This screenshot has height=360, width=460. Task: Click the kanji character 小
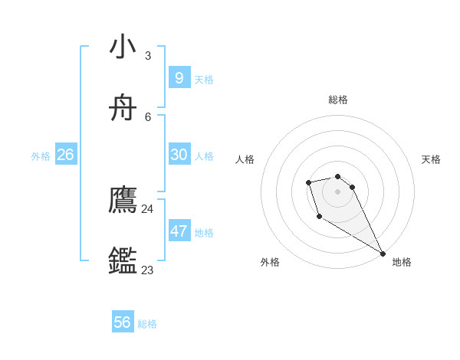(x=123, y=47)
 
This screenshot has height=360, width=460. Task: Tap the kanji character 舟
(x=123, y=108)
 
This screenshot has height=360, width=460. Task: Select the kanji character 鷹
(x=123, y=200)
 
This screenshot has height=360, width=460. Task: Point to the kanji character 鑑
(x=123, y=261)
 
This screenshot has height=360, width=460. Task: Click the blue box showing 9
(x=179, y=77)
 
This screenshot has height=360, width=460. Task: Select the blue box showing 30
(x=179, y=154)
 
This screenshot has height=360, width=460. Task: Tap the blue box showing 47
(x=179, y=231)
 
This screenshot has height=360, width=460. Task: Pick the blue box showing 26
(x=65, y=154)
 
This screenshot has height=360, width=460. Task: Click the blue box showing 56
(x=123, y=322)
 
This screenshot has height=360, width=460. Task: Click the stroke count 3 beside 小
(x=147, y=55)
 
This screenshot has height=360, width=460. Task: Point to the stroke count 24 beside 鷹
(x=147, y=208)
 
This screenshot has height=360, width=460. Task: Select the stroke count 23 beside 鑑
(x=147, y=270)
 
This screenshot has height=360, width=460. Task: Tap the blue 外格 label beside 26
(x=41, y=156)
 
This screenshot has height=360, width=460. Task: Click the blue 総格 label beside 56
(x=147, y=325)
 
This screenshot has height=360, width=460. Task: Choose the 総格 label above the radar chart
(x=338, y=100)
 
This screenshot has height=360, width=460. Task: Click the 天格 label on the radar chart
(x=431, y=159)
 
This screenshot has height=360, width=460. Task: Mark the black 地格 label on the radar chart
(x=402, y=262)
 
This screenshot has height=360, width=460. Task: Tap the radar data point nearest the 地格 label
(x=383, y=254)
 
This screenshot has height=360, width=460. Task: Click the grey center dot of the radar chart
(x=338, y=191)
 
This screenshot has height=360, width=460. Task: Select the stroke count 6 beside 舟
(x=148, y=116)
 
